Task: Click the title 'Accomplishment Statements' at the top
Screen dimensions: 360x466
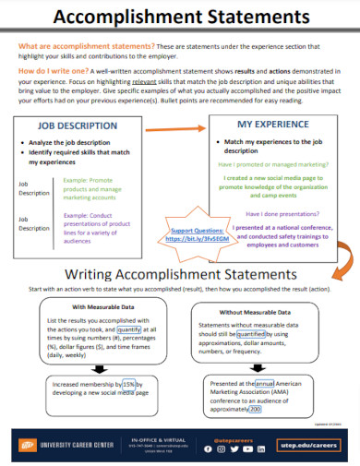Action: pos(180,18)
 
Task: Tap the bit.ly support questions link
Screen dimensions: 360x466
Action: pos(198,237)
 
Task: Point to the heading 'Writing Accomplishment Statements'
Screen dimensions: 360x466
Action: pos(181,274)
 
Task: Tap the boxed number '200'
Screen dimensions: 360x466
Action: pos(256,409)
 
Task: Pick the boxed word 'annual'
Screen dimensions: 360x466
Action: pos(265,383)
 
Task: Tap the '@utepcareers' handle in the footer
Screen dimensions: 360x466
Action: pos(232,439)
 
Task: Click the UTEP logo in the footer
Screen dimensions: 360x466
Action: pos(27,447)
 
